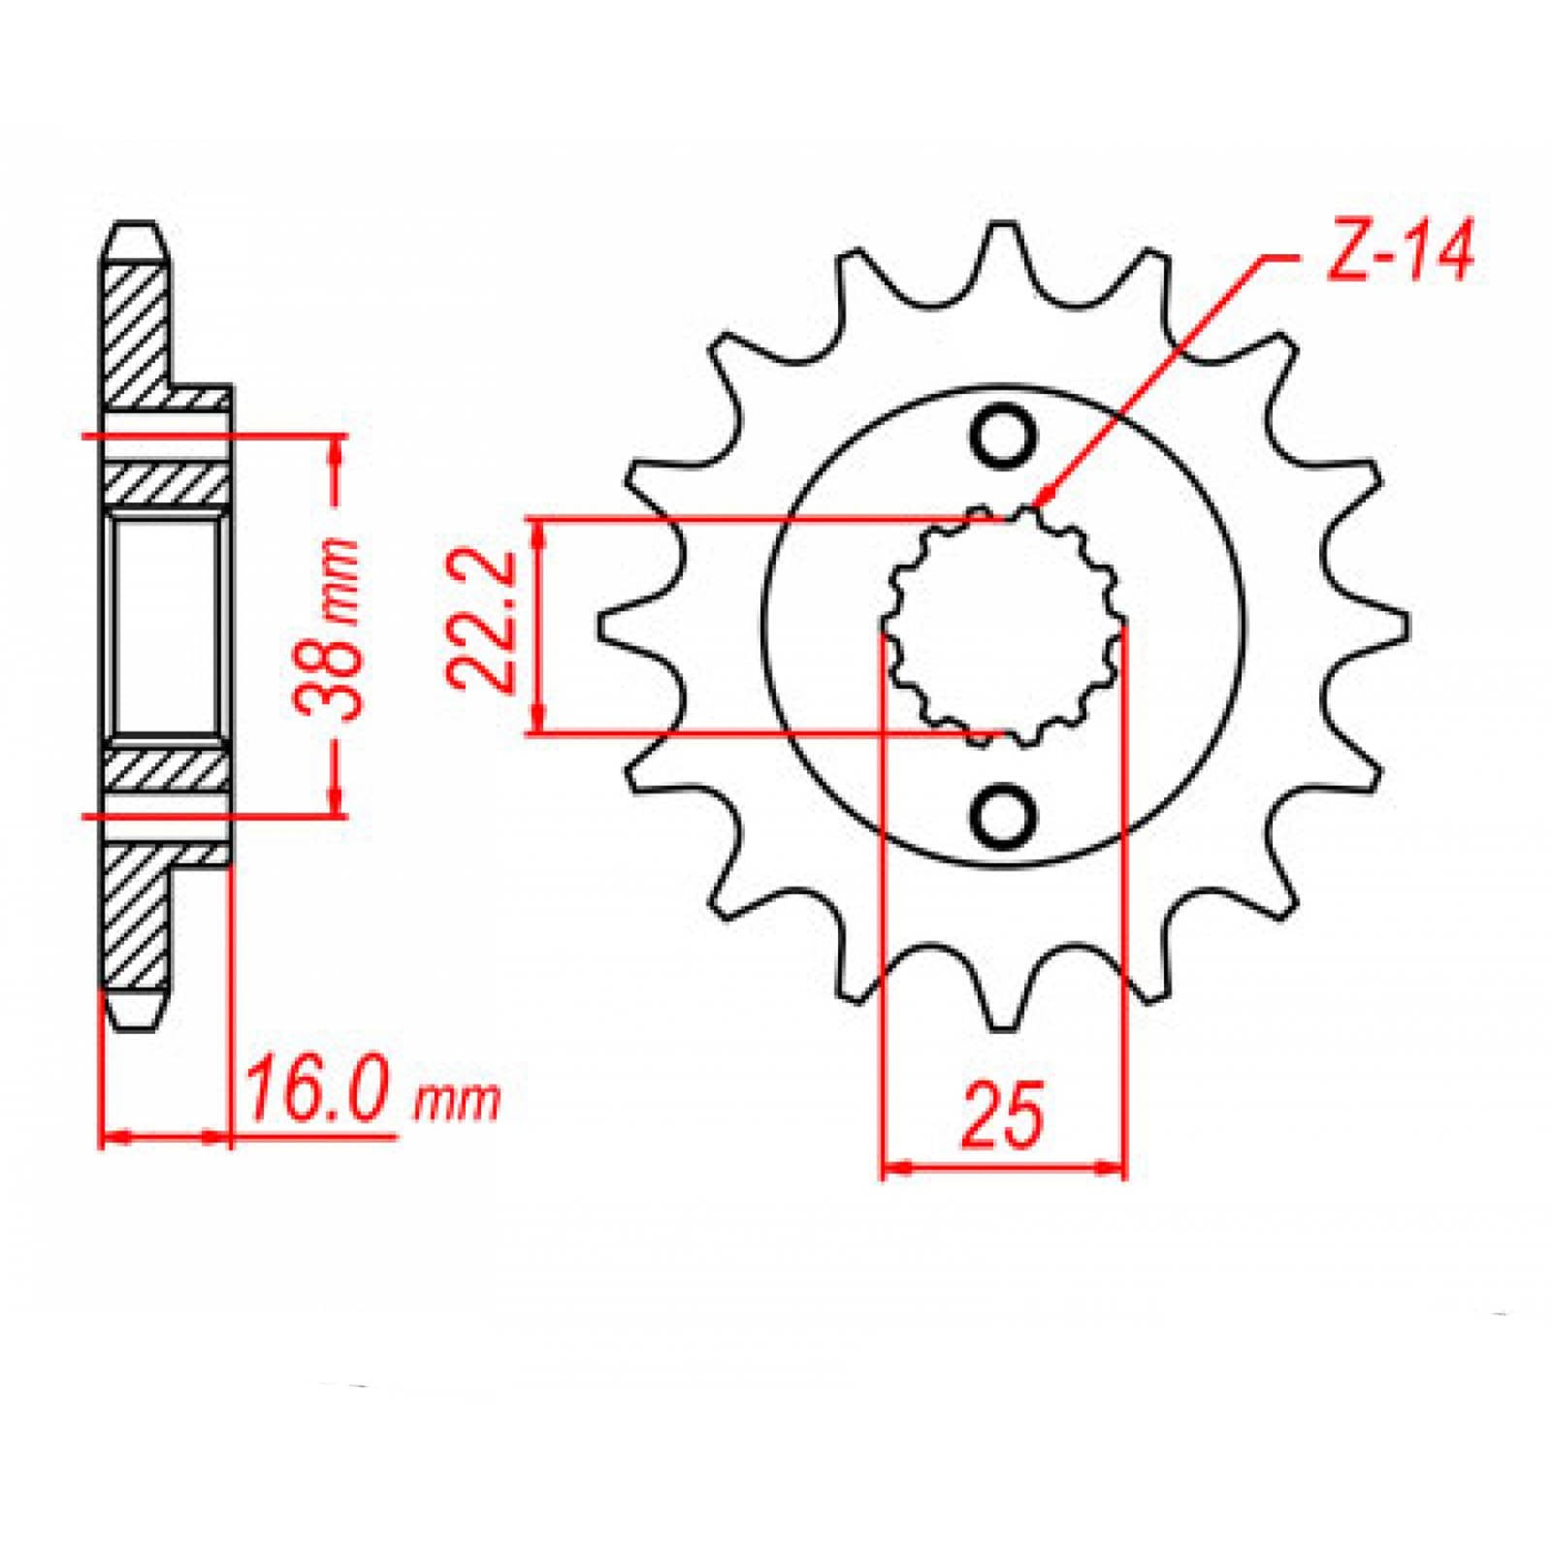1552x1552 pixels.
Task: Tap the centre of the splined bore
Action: click(1003, 626)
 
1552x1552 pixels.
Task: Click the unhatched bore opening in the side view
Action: click(165, 626)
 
